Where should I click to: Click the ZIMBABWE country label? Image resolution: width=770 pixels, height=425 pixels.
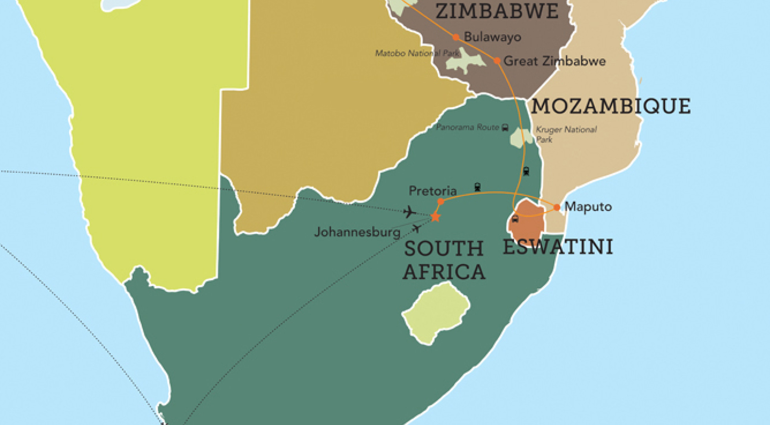tap(497, 11)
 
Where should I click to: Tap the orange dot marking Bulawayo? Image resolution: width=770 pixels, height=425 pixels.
tap(456, 37)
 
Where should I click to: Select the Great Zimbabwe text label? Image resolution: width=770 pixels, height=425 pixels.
tap(554, 61)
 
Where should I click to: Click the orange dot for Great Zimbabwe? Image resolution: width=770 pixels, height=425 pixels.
tap(497, 61)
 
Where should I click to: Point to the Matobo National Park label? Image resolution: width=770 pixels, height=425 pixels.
tap(417, 53)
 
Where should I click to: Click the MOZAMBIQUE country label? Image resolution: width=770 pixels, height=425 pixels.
tap(610, 106)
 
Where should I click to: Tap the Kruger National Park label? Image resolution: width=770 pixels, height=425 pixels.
tap(566, 134)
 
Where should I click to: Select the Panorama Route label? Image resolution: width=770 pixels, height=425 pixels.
tap(467, 127)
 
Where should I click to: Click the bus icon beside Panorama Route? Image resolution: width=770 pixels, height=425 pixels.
tap(505, 128)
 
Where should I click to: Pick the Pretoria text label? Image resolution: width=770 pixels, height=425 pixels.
tap(433, 191)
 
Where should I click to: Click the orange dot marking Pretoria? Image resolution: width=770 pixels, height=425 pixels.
tap(441, 201)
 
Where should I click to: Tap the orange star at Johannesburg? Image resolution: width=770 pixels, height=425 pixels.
tap(435, 217)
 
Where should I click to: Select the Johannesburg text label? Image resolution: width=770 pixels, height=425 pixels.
tap(357, 232)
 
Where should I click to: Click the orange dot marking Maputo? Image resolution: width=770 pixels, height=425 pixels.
tap(557, 207)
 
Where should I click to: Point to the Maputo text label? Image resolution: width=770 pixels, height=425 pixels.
tap(588, 207)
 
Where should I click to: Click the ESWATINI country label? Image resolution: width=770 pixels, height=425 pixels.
tap(558, 247)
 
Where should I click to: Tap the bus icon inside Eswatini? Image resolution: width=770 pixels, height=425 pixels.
tap(515, 219)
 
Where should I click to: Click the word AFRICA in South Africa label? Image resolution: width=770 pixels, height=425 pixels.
tap(444, 272)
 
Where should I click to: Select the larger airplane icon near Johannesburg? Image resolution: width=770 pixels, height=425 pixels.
tap(410, 212)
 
